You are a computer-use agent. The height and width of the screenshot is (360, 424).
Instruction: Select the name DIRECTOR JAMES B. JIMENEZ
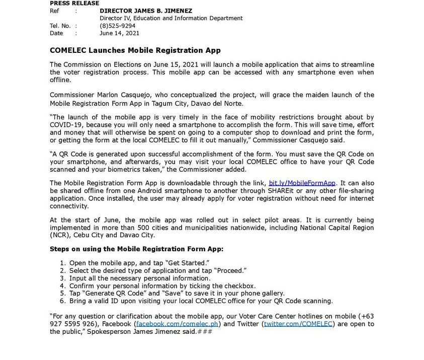pos(146,11)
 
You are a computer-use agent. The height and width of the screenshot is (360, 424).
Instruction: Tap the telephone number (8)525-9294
pos(117,26)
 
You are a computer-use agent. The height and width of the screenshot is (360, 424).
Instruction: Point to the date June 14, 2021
pos(119,33)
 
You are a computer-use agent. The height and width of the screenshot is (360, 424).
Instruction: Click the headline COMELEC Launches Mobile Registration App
pos(135,50)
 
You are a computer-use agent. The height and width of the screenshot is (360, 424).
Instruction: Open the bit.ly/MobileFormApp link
pos(302,183)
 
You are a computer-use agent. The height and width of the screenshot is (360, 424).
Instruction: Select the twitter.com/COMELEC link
pos(298,324)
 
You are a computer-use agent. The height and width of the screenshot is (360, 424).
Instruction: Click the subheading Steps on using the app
pos(136,249)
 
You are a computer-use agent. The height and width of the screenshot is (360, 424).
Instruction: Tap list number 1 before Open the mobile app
pos(62,263)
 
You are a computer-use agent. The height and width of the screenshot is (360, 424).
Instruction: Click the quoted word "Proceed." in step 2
pos(230,270)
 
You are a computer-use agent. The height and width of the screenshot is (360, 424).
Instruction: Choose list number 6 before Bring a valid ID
pos(62,301)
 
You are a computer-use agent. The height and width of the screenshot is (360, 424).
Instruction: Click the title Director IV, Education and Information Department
pos(171,18)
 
